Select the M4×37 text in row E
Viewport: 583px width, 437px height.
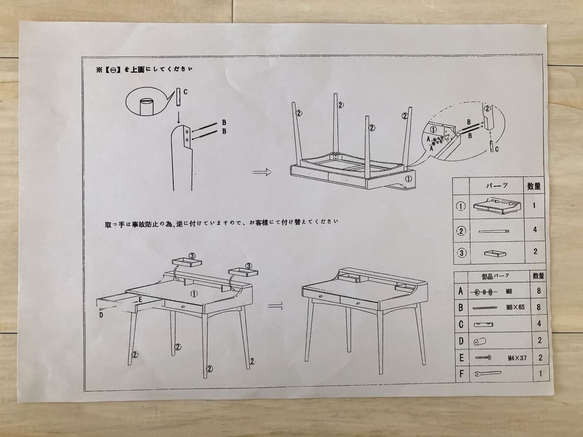[516, 357]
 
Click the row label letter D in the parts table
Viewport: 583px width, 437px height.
[461, 341]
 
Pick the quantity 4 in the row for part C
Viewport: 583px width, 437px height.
[538, 324]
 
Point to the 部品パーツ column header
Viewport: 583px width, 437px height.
[495, 276]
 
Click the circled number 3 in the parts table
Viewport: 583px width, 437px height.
[461, 252]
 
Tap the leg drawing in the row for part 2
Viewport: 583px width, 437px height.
[493, 230]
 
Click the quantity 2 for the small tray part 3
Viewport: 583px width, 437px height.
[534, 252]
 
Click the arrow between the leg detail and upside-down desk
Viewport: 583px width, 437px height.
[261, 172]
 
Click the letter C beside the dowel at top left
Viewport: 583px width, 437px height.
[185, 92]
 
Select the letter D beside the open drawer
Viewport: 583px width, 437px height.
[100, 315]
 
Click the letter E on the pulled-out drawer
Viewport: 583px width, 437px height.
[140, 299]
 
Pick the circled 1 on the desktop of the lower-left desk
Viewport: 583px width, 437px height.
[193, 293]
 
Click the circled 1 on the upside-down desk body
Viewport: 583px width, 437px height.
[409, 177]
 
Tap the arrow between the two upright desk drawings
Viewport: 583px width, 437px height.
[276, 306]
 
